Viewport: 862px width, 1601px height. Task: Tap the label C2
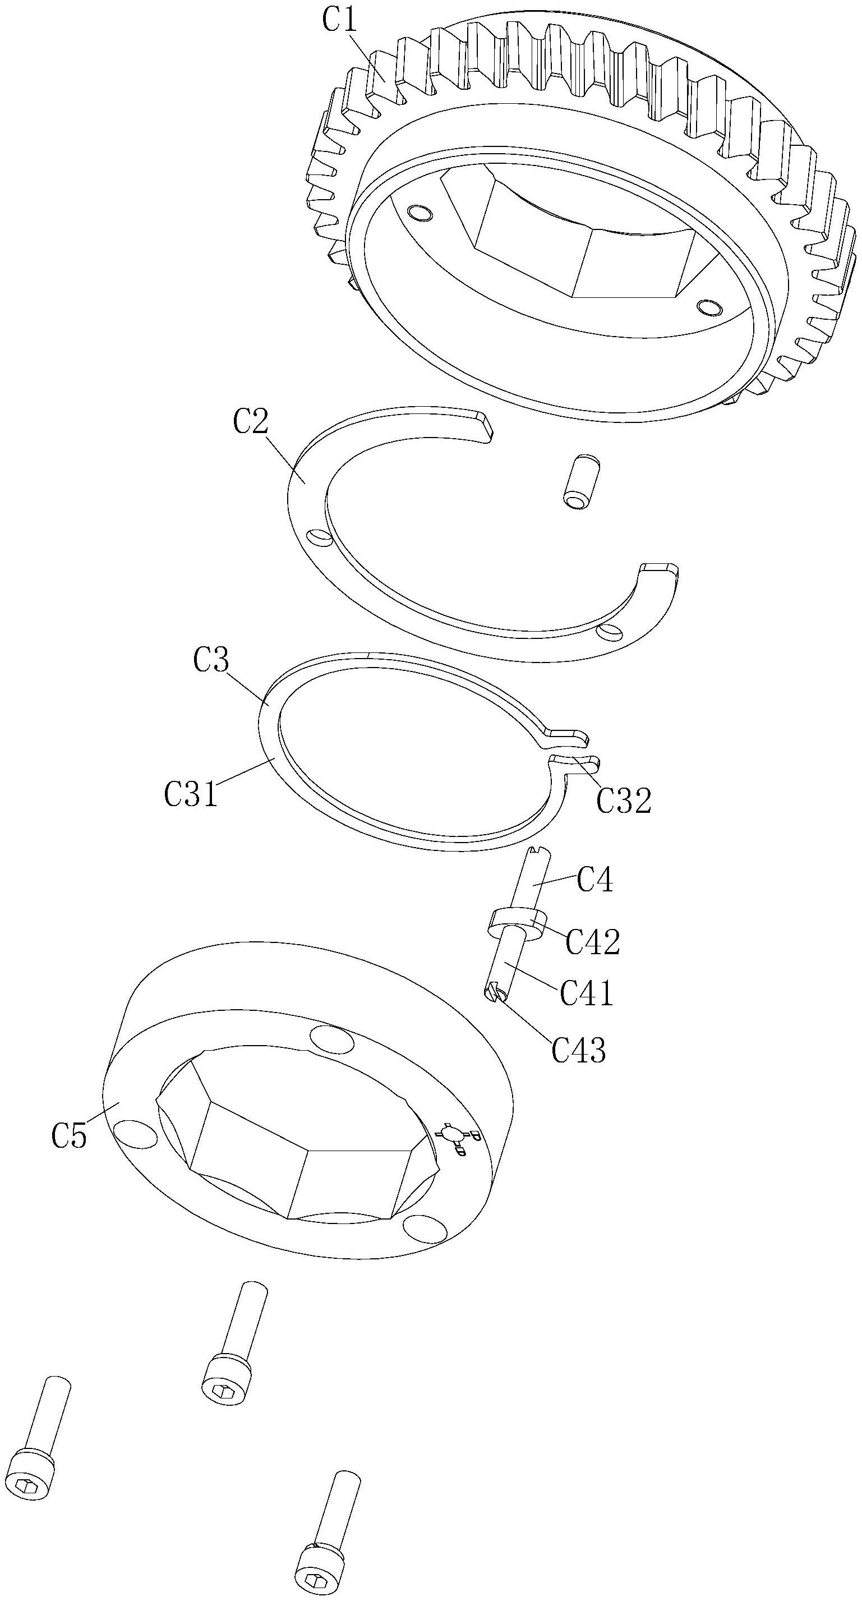tap(251, 422)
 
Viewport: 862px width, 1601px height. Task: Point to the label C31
tap(191, 794)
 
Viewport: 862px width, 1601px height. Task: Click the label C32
tap(623, 800)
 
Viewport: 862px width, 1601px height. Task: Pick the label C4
tap(594, 880)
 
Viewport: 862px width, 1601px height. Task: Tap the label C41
tap(586, 992)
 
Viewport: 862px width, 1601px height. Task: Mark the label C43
tap(579, 1050)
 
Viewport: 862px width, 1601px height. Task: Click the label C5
tap(69, 1135)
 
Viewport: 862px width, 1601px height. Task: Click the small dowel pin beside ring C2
tap(582, 482)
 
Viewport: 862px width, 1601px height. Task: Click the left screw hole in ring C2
tap(320, 535)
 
